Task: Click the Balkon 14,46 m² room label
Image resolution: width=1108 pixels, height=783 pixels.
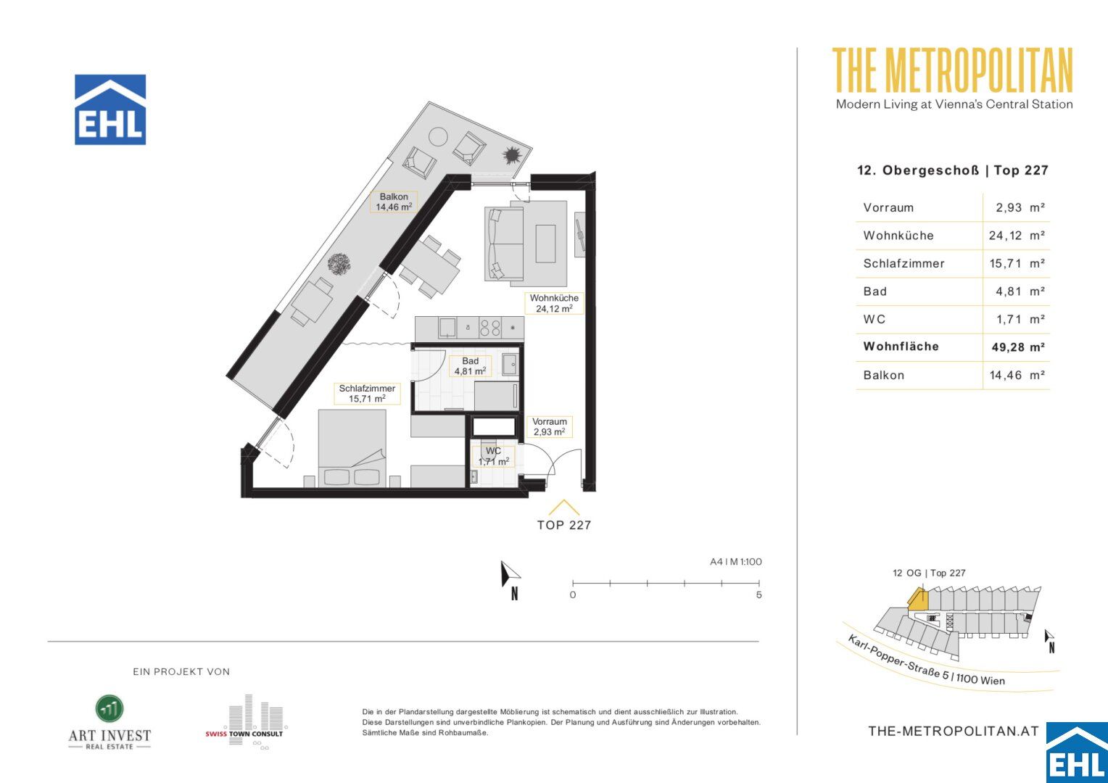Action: tap(394, 202)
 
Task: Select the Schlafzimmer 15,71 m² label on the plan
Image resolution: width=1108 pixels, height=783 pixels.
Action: tap(367, 393)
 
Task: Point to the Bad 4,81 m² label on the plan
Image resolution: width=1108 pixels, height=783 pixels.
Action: tap(470, 366)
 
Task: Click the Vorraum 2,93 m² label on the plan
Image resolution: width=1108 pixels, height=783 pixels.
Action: tap(549, 426)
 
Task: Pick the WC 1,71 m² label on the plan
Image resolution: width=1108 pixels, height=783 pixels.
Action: tap(494, 456)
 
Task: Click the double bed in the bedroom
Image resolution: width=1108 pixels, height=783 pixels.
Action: tap(352, 448)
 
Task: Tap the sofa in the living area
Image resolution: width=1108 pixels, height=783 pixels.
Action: tap(505, 244)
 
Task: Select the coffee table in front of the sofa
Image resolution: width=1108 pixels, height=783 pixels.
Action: tap(545, 244)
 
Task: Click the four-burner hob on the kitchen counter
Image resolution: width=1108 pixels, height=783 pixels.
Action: tap(490, 328)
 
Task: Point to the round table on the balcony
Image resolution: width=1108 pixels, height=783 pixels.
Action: tap(438, 136)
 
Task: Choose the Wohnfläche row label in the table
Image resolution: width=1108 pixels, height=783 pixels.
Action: tap(901, 347)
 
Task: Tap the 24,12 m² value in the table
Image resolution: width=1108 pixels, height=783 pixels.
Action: tap(1017, 236)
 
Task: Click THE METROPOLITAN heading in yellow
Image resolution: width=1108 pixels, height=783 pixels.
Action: tap(952, 70)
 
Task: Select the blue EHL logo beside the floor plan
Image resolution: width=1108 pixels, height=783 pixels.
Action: tap(110, 109)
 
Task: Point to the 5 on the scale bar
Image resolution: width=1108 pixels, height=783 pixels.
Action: tap(758, 595)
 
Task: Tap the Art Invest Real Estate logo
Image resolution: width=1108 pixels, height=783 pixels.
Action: tap(109, 722)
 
